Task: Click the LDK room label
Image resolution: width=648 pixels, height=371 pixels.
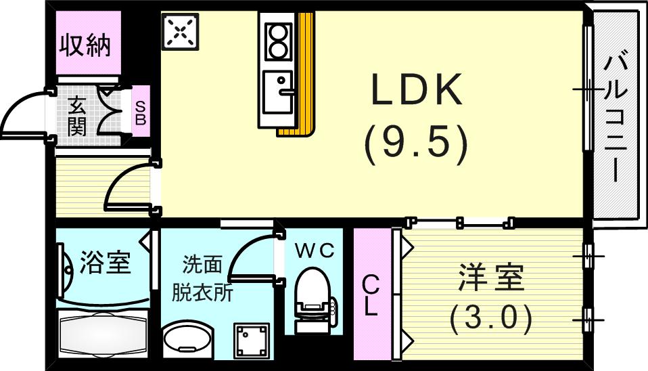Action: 417,89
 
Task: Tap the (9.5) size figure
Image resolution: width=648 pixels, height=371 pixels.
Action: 417,144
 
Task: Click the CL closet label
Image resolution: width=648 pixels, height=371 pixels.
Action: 371,295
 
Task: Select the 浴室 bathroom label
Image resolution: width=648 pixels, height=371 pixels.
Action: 105,262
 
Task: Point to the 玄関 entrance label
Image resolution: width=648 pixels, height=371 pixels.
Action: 77,116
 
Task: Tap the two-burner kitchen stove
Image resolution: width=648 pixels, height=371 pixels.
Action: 277,41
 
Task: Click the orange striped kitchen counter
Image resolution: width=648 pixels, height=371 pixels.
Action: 304,74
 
